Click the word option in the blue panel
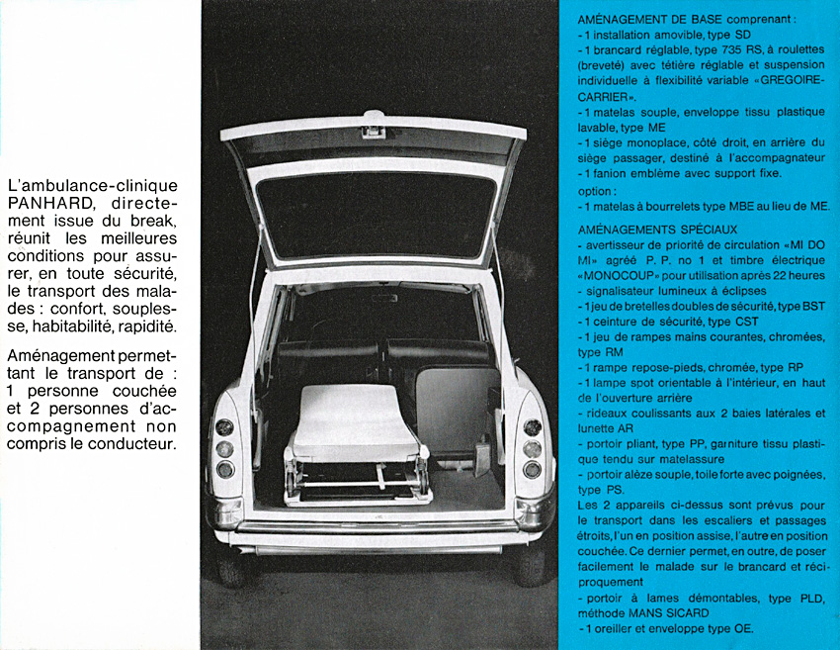[596, 191]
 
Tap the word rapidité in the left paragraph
[145, 326]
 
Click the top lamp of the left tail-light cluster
[224, 427]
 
